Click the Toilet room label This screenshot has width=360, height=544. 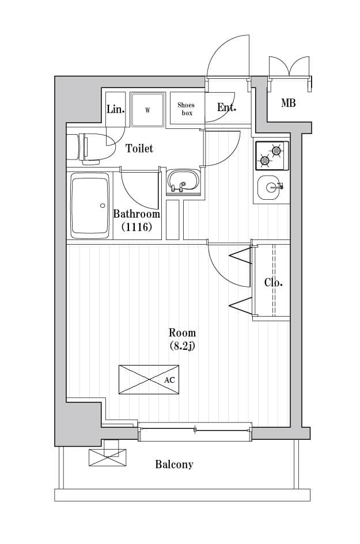[139, 149]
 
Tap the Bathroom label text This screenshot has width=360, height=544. [137, 214]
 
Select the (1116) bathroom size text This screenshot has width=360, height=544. [137, 227]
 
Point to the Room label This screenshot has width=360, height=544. [182, 333]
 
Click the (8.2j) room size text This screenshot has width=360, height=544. [182, 346]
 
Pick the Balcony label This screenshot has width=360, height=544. [174, 465]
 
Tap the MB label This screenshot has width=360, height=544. [289, 104]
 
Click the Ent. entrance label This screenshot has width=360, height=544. [226, 108]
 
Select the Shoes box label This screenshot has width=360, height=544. [186, 109]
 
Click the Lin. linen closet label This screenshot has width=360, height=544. [116, 109]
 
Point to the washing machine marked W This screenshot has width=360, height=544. [147, 109]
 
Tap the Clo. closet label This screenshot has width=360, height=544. [273, 283]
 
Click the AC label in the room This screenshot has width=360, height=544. [169, 381]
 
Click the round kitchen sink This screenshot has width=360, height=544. [269, 186]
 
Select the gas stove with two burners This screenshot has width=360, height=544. [272, 155]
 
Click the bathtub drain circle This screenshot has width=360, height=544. [103, 206]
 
